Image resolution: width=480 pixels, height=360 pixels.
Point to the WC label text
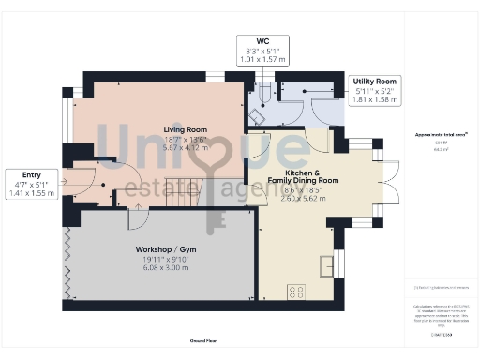click(x=263, y=40)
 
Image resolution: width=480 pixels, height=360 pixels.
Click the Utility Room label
click(x=374, y=82)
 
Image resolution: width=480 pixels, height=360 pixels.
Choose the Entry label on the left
click(x=33, y=175)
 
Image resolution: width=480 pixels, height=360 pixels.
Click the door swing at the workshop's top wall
click(x=137, y=219)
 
